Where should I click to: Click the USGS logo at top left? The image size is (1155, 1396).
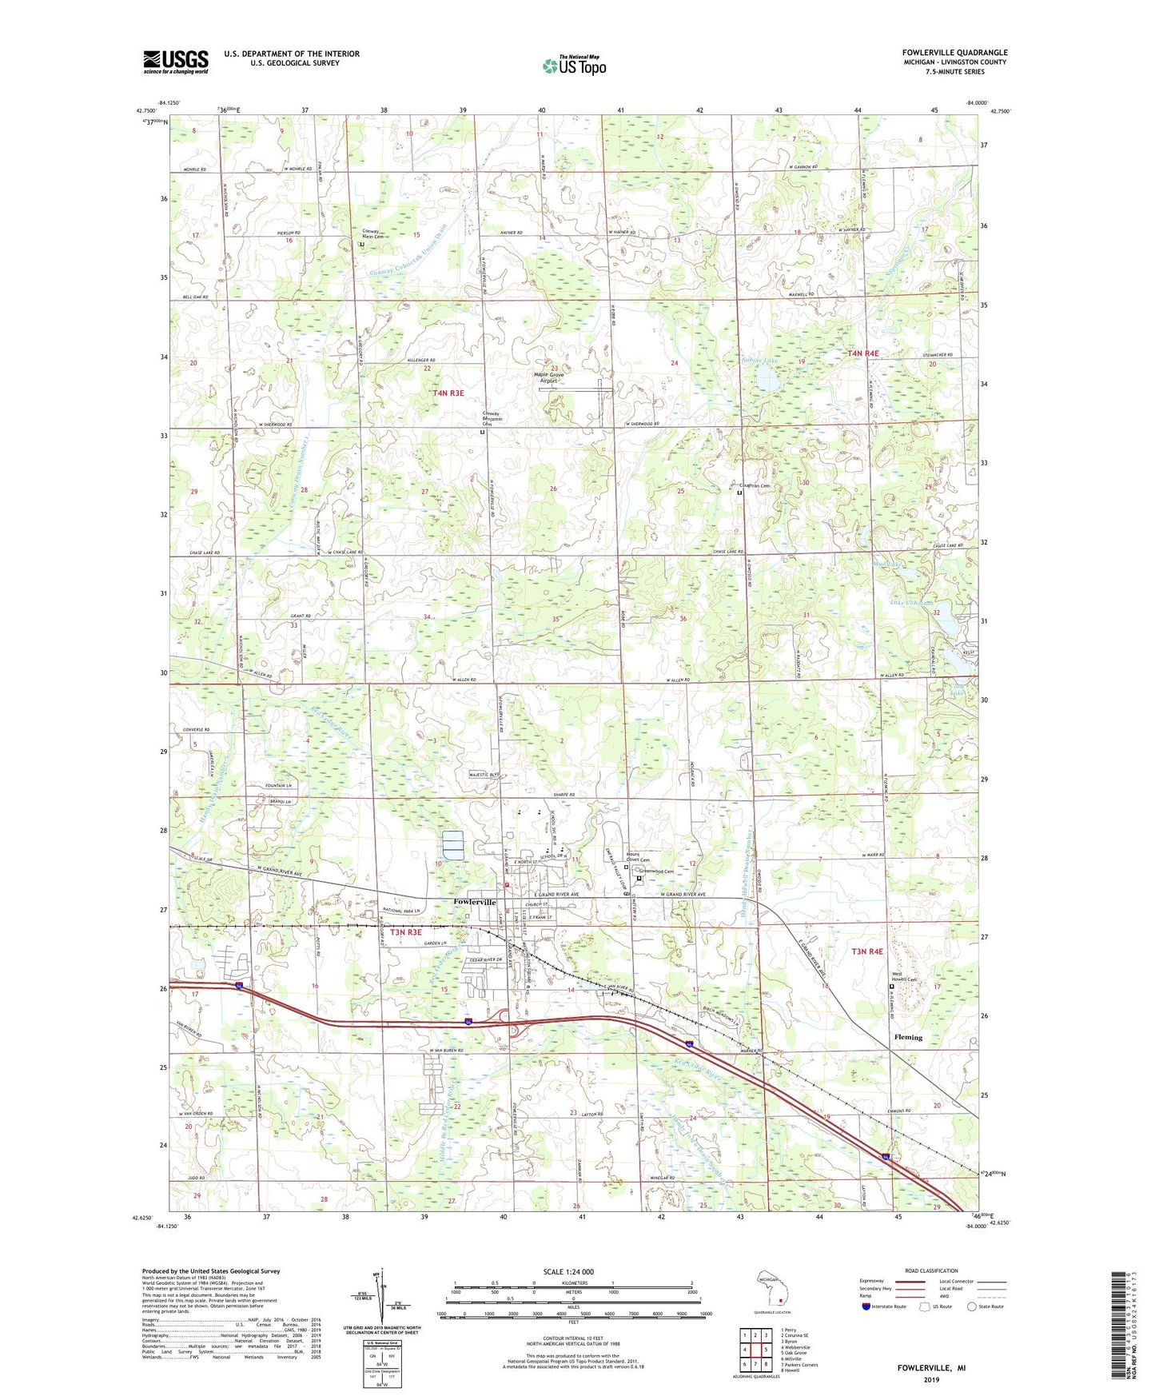coord(175,62)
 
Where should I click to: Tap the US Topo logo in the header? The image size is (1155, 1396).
coord(574,66)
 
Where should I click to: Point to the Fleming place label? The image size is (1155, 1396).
coord(907,1037)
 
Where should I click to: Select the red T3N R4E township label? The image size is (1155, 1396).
coord(867,951)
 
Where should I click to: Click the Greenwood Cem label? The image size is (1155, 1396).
coord(657,872)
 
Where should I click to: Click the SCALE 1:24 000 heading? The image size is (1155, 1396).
coord(568,1272)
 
